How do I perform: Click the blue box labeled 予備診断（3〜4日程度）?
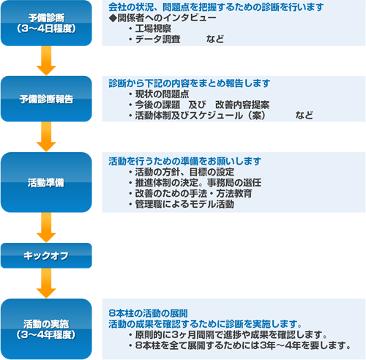(x=46, y=23)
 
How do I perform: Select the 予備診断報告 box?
(x=46, y=99)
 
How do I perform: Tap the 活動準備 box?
(x=46, y=182)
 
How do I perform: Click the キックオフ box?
(x=46, y=255)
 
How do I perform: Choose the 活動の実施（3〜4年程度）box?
(x=46, y=329)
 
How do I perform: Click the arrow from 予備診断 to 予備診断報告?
(x=46, y=61)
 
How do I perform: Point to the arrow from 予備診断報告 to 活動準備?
(x=46, y=137)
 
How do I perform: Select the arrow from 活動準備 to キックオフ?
(x=46, y=228)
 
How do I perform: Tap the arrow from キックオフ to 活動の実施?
(x=46, y=283)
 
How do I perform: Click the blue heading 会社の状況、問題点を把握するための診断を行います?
(x=216, y=7)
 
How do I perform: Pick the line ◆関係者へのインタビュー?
(x=163, y=18)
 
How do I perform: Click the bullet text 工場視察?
(x=153, y=29)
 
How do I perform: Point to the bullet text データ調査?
(x=157, y=40)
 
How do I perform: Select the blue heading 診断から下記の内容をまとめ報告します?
(x=190, y=83)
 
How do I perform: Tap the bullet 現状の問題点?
(x=162, y=94)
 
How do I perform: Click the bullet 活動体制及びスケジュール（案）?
(x=201, y=116)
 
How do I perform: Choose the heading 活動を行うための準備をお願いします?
(x=184, y=161)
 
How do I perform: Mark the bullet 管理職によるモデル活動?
(x=184, y=204)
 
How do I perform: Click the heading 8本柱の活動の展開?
(x=148, y=313)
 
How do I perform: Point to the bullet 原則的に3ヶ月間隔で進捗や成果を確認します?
(x=231, y=334)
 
